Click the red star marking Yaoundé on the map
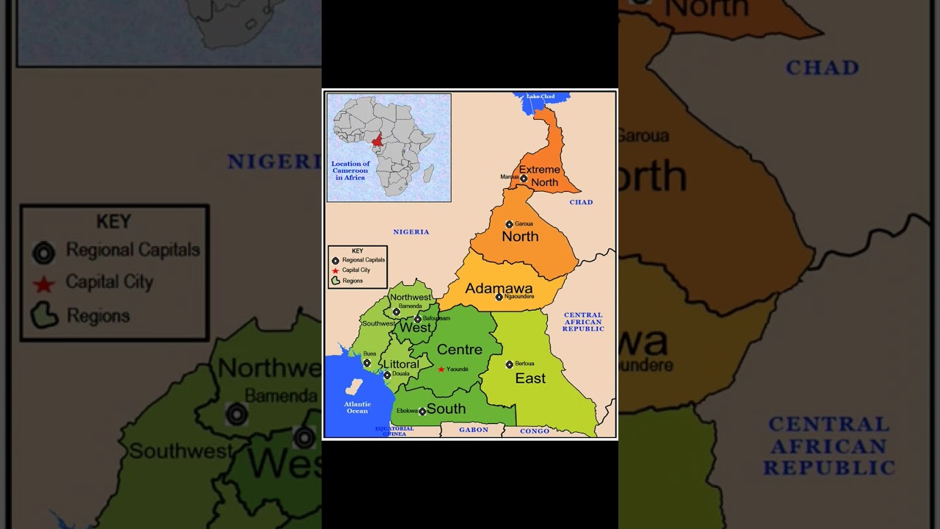[441, 370]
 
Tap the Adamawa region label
[499, 288]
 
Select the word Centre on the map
[460, 350]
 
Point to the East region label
[530, 378]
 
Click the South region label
[446, 409]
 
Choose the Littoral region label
[401, 364]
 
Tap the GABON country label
[474, 430]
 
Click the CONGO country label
[535, 431]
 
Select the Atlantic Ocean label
[358, 407]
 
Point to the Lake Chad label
[540, 96]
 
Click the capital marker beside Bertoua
[509, 364]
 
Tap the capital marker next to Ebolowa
[422, 411]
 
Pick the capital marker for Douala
[387, 375]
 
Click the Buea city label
[369, 353]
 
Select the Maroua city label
[510, 177]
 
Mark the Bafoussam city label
[436, 318]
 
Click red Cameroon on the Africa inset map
[377, 140]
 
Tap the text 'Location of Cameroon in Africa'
[350, 170]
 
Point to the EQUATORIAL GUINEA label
[394, 431]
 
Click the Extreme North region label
[540, 176]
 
